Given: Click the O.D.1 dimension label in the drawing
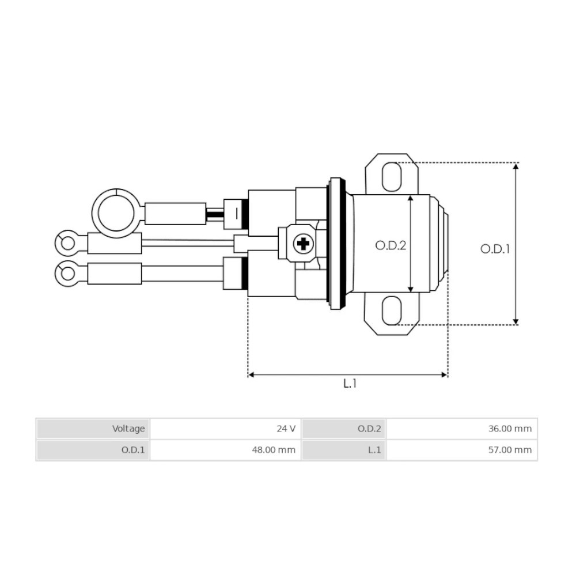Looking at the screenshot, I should (495, 249).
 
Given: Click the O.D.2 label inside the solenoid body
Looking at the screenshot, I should (391, 245).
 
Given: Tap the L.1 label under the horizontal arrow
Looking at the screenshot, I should (350, 384).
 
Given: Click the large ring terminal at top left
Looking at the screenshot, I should (116, 213).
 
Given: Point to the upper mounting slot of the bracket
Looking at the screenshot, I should (392, 176).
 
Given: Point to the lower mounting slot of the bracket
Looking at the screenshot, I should (392, 310).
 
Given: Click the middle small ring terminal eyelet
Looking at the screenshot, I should (68, 242).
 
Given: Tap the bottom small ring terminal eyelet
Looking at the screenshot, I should (68, 272).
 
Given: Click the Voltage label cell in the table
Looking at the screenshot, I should (93, 429).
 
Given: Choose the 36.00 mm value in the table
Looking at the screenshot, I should (461, 429).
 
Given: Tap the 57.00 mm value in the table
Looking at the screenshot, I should (461, 450).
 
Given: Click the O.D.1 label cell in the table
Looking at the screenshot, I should (93, 450).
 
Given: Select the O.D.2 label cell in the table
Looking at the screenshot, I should (344, 429).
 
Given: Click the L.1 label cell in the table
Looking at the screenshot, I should (344, 450).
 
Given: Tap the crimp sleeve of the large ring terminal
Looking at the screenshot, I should (175, 213).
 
